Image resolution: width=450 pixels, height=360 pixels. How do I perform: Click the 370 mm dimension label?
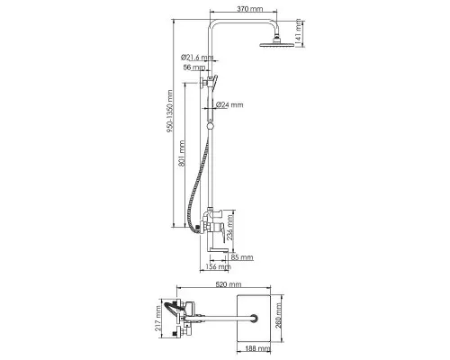click(x=249, y=9)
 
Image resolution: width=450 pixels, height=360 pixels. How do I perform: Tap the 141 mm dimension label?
click(x=298, y=32)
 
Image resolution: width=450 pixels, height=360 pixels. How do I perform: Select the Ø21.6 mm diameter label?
click(x=197, y=57)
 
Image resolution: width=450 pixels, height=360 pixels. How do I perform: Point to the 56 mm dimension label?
click(x=194, y=67)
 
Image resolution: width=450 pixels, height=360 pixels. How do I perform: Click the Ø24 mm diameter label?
click(x=229, y=104)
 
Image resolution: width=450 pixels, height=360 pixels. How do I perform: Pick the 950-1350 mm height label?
click(x=170, y=112)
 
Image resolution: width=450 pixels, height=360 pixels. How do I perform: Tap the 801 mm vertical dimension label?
click(x=182, y=154)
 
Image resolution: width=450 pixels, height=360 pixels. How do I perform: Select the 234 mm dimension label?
click(x=229, y=227)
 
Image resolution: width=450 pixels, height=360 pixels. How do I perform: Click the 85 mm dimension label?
click(x=242, y=257)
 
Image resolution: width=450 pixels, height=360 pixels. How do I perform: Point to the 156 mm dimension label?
click(x=219, y=266)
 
